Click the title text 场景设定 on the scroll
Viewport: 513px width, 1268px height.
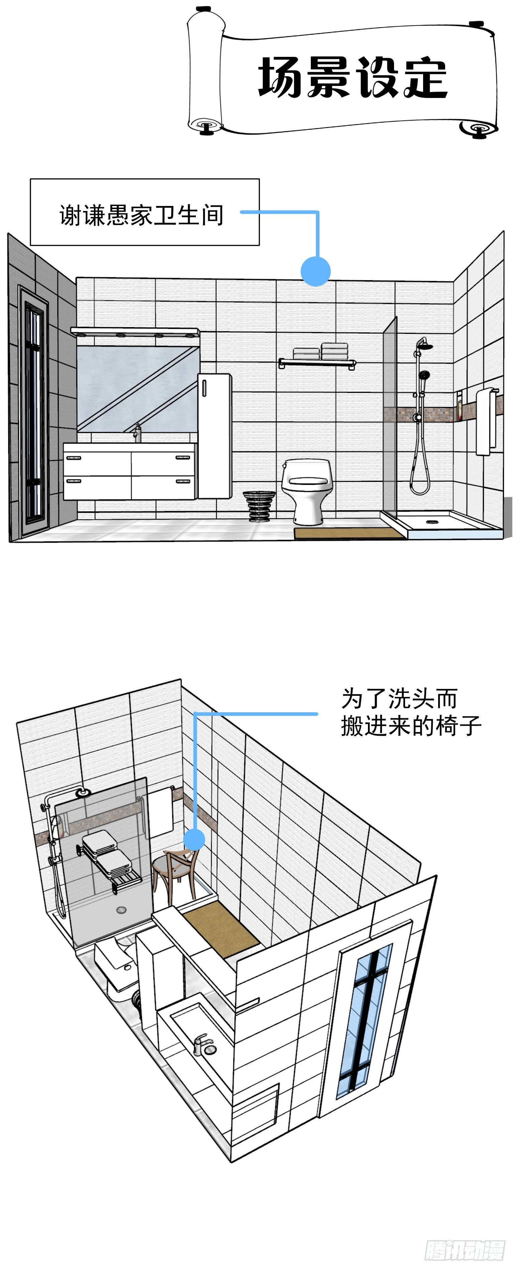coord(352,77)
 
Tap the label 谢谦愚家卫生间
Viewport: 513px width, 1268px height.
coord(142,215)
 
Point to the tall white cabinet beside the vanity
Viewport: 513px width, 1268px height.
coord(215,436)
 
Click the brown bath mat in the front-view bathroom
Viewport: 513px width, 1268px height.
coord(349,533)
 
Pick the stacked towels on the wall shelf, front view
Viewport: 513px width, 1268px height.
coord(321,352)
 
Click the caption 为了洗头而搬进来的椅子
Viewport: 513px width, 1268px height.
coord(411,712)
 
